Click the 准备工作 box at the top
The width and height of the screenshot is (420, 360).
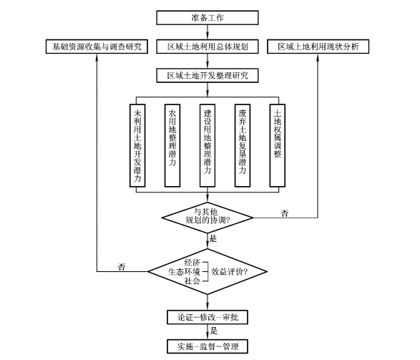[x=207, y=18]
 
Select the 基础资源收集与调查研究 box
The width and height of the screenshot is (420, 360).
[x=97, y=47]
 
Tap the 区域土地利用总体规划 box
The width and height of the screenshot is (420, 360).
[x=207, y=47]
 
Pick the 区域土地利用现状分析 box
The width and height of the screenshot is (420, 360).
[x=318, y=47]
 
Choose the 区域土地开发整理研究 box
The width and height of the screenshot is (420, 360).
[x=207, y=76]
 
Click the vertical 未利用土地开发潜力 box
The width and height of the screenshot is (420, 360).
[x=137, y=145]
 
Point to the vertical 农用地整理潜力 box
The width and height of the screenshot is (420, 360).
[x=172, y=145]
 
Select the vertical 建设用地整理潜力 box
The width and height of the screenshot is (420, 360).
[x=207, y=145]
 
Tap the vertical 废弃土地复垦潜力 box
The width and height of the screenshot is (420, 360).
[x=243, y=145]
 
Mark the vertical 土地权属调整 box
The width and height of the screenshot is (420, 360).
[x=278, y=145]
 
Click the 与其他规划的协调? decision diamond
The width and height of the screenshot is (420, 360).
[x=207, y=218]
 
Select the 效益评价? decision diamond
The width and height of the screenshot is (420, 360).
[x=207, y=271]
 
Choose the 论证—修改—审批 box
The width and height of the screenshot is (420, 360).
[x=207, y=317]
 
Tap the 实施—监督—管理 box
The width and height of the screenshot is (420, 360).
[x=207, y=346]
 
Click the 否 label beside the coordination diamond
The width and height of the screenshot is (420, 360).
[x=285, y=213]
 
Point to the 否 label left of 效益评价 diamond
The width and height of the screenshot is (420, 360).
[x=122, y=267]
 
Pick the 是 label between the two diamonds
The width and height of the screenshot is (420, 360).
[x=213, y=238]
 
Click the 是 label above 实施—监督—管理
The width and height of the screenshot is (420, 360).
[x=214, y=331]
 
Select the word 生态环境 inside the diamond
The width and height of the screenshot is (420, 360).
[x=184, y=271]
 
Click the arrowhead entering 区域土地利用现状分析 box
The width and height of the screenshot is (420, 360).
[x=318, y=57]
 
